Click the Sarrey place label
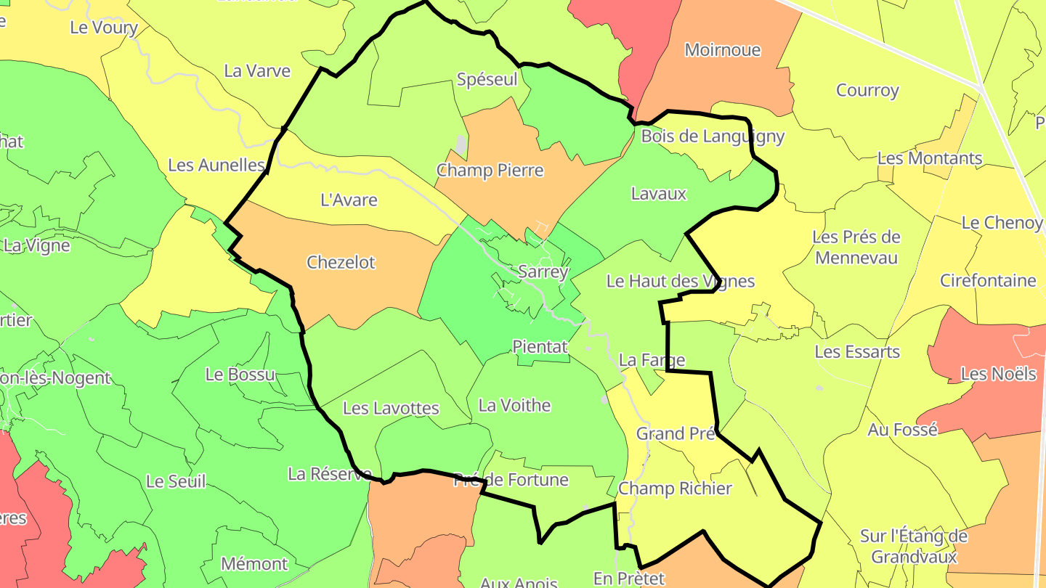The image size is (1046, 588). (543, 272)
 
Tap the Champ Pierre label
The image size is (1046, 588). (490, 171)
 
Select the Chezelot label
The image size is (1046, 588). (341, 262)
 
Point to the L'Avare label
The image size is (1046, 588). (349, 200)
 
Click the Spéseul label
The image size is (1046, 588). (487, 79)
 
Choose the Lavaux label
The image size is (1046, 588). (658, 194)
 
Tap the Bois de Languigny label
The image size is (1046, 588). (713, 136)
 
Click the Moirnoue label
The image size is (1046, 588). (723, 50)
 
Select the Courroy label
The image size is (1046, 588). (867, 91)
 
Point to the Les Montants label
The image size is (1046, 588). (930, 158)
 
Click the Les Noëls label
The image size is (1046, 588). (998, 374)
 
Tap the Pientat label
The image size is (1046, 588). (540, 347)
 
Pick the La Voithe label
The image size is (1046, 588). (514, 405)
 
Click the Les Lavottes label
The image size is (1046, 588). (391, 408)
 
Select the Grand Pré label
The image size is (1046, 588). (676, 433)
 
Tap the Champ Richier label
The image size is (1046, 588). (675, 489)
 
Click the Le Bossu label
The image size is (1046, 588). (240, 375)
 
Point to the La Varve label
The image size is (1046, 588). (257, 71)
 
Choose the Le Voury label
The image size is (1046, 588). (104, 28)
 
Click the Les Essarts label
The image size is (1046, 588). (857, 352)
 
